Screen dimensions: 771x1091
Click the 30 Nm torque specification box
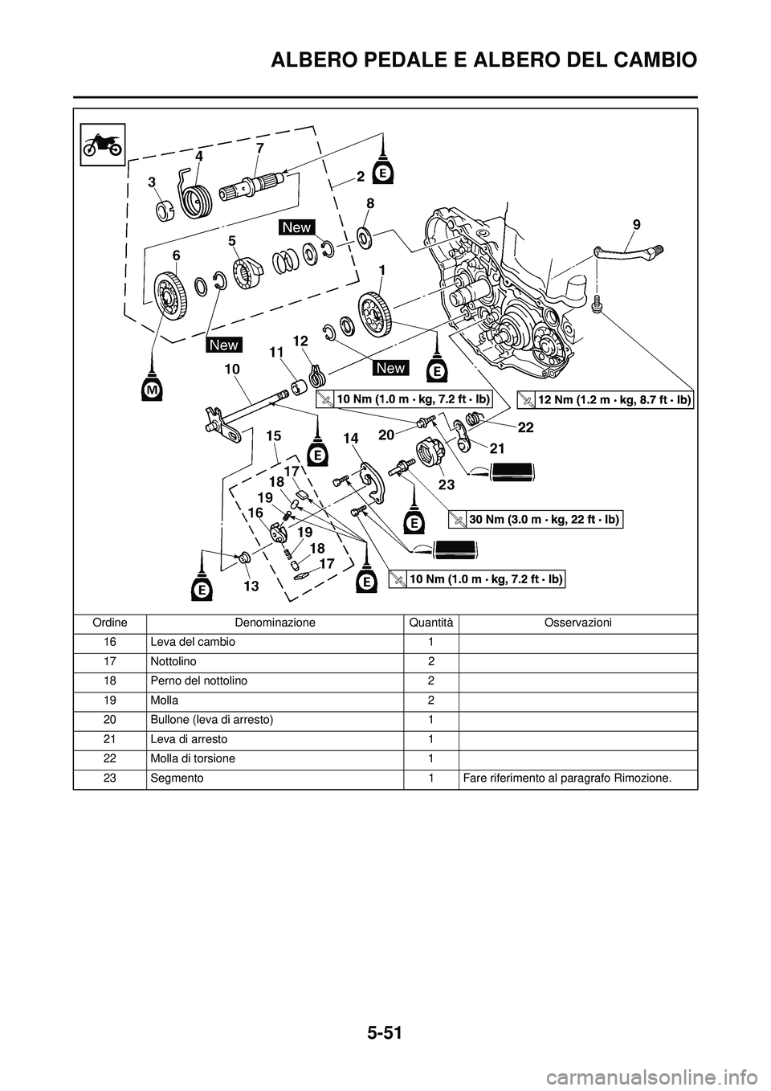point(536,520)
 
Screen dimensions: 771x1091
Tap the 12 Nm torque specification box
point(605,400)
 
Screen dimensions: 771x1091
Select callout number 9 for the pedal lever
point(637,224)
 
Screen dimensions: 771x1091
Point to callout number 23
point(447,484)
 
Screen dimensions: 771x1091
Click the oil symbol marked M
point(152,388)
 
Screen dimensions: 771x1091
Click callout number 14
point(350,439)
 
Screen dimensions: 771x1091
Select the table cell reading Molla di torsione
point(193,758)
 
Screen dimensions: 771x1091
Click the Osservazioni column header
point(577,623)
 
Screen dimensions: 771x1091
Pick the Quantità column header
point(430,623)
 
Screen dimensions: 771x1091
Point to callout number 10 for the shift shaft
point(231,370)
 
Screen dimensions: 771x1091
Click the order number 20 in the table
point(109,720)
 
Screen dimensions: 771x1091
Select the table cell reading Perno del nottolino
point(198,681)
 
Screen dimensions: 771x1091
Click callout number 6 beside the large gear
point(176,255)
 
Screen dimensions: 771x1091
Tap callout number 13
point(251,586)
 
